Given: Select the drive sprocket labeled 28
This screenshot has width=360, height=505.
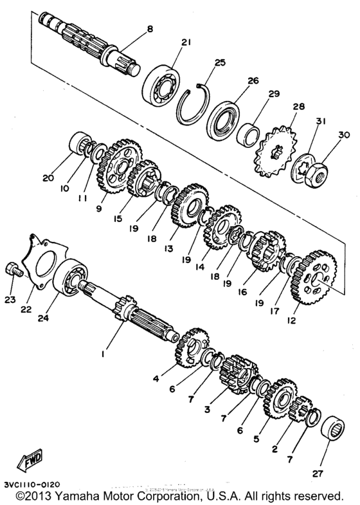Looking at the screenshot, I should point(277,154).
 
